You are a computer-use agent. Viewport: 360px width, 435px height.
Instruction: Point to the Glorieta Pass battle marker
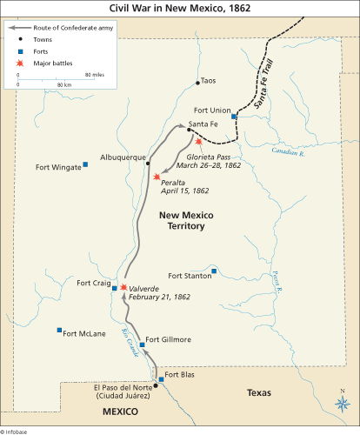click(x=199, y=141)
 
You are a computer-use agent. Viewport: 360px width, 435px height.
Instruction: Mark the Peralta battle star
click(x=156, y=177)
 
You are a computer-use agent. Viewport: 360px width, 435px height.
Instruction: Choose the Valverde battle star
click(x=123, y=287)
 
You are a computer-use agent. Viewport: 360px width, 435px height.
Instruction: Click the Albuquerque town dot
click(x=149, y=163)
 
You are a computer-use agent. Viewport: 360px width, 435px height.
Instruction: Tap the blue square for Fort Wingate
click(x=85, y=164)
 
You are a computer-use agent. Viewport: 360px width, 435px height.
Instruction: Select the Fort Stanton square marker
click(x=214, y=271)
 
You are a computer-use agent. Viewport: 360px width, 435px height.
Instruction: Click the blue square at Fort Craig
click(x=115, y=288)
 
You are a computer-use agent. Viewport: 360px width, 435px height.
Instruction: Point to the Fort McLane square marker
click(x=59, y=331)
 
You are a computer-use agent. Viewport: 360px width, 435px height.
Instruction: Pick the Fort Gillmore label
click(x=166, y=339)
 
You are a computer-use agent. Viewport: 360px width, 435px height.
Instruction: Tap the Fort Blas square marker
click(x=161, y=379)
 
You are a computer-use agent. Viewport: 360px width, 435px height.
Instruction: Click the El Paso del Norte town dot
click(x=156, y=385)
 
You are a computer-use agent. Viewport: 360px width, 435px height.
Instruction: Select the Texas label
click(x=258, y=393)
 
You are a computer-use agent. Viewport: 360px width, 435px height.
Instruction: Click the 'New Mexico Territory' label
click(x=180, y=220)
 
